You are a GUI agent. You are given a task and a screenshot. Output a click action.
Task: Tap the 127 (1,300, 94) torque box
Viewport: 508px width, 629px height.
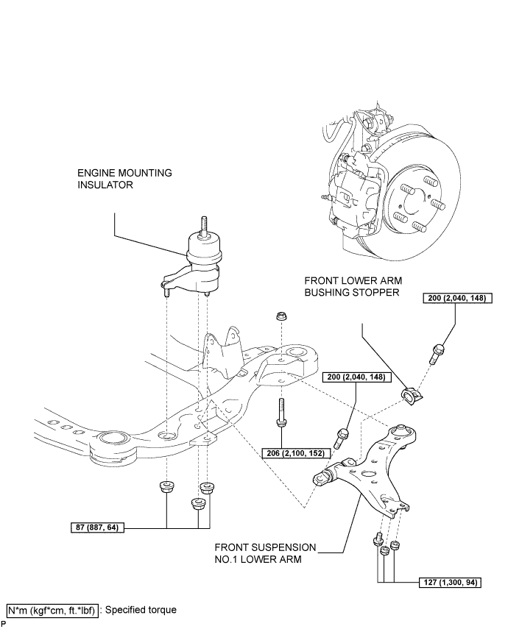tap(450, 582)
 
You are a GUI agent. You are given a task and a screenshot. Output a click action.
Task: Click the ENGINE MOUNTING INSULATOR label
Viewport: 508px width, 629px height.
tap(124, 179)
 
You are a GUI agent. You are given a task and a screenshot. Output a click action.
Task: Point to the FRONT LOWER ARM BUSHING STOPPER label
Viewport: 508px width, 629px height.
tap(353, 286)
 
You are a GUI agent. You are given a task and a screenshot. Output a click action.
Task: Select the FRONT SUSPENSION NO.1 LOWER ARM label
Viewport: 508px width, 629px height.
tap(266, 553)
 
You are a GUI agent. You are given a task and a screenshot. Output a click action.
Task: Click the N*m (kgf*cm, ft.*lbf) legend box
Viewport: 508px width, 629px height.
tap(52, 610)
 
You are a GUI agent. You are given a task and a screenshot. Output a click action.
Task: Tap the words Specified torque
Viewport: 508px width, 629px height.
tap(141, 610)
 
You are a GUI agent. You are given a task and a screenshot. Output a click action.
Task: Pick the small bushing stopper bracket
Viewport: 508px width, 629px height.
tap(412, 396)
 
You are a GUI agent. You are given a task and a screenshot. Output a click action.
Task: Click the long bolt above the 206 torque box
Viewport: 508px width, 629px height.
tap(281, 413)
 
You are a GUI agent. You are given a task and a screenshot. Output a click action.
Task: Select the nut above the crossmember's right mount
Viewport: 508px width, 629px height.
tap(281, 316)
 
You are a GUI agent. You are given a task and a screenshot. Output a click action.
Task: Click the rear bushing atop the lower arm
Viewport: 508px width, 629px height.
tap(403, 433)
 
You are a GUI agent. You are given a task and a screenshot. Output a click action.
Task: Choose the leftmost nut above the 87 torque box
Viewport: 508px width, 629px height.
tap(166, 486)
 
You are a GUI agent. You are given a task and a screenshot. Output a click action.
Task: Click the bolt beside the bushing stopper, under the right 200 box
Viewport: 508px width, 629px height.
tap(436, 353)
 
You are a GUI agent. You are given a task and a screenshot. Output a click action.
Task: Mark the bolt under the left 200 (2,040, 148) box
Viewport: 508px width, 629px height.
tap(342, 438)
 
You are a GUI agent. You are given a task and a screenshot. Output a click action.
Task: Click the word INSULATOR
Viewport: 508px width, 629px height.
tap(105, 185)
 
